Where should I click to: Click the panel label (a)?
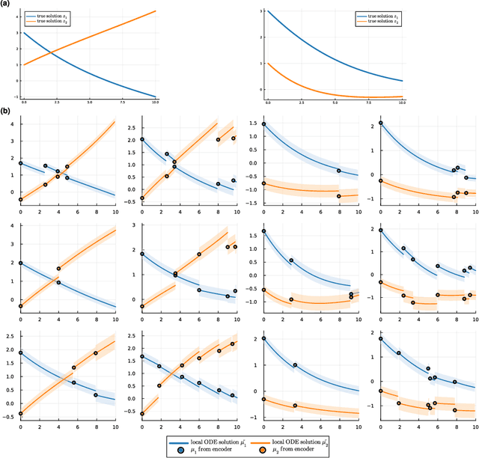[6, 4]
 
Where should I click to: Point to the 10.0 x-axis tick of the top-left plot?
[155, 102]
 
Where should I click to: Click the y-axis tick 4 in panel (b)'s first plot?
[13, 121]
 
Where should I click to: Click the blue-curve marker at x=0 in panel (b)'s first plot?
[21, 163]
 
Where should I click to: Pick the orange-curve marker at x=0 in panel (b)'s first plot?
[21, 200]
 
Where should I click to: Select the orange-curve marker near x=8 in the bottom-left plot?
[96, 353]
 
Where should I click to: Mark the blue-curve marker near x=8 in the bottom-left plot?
[96, 394]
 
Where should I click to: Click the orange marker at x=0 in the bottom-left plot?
[21, 413]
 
